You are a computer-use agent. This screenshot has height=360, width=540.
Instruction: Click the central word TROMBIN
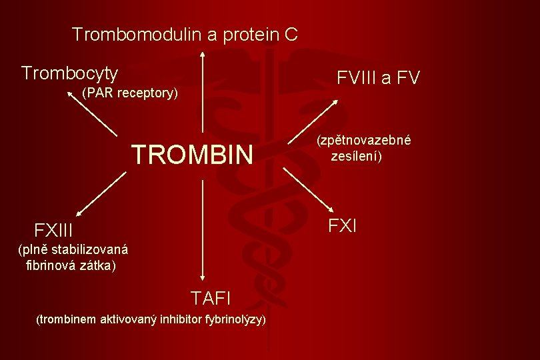click(193, 155)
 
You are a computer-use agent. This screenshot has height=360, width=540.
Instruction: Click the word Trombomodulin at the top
click(136, 34)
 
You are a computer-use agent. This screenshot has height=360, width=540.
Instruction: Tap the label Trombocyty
click(70, 73)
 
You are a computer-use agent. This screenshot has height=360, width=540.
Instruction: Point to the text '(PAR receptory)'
click(129, 93)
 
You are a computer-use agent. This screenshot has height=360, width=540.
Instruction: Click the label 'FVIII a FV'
click(378, 79)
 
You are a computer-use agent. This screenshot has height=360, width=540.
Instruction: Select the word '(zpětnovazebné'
click(363, 141)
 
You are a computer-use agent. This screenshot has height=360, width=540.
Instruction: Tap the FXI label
click(343, 226)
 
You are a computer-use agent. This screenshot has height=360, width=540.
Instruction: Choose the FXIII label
click(53, 231)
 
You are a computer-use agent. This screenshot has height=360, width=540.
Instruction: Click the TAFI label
click(211, 297)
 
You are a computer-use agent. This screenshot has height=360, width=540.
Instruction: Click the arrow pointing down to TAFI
click(203, 230)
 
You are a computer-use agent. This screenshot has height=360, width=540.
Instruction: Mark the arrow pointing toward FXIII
click(101, 193)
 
